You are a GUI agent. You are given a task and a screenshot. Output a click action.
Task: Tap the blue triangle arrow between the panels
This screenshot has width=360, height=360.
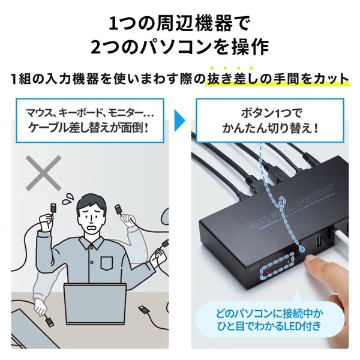(179, 118)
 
